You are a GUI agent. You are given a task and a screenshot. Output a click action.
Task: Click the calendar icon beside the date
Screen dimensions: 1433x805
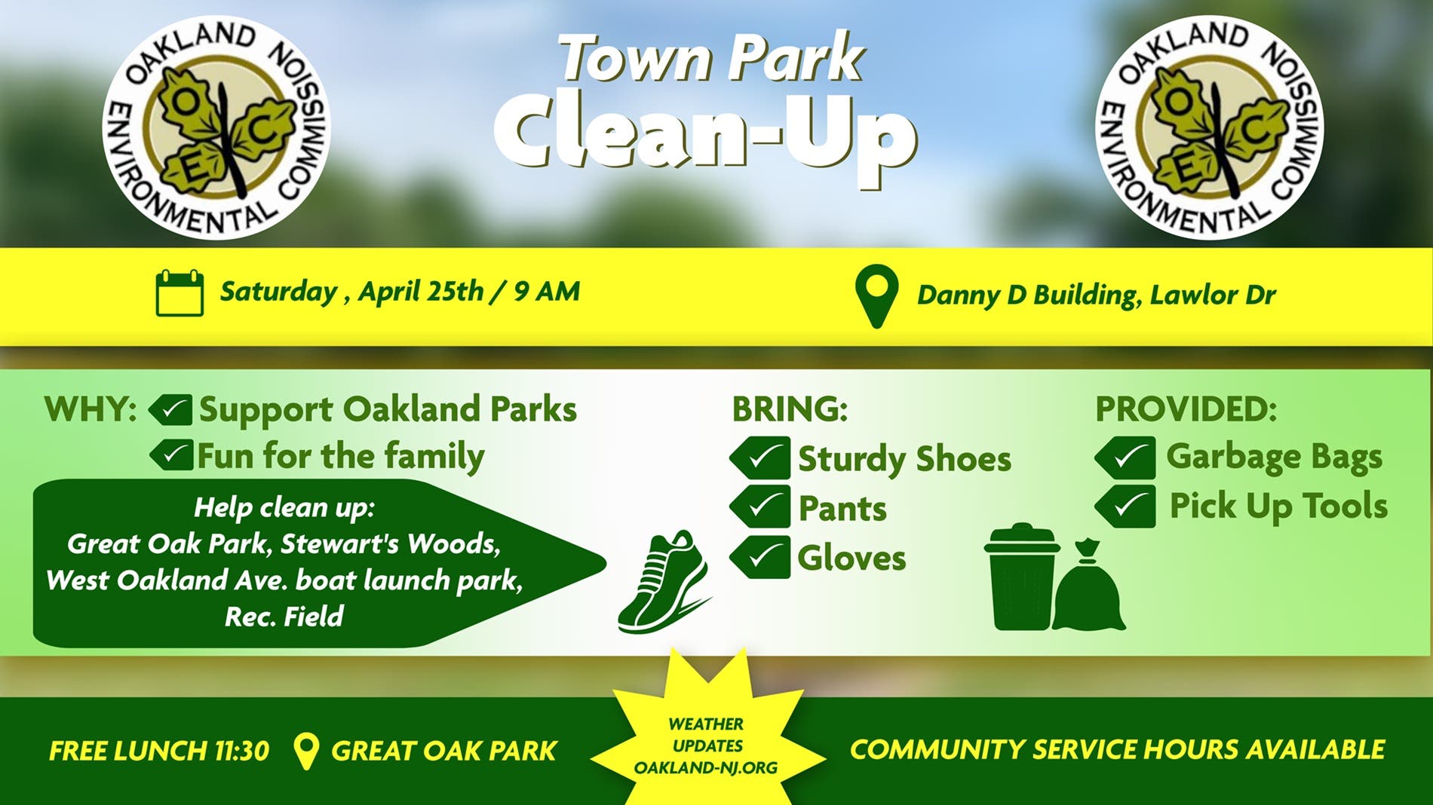coord(180,292)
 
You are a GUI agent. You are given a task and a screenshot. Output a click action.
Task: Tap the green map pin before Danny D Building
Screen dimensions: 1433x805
coord(876,296)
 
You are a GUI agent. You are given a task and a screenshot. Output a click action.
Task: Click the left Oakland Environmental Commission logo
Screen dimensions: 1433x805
coord(216,127)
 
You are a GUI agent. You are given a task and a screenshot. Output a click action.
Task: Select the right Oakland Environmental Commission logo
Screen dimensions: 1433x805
coord(1209,127)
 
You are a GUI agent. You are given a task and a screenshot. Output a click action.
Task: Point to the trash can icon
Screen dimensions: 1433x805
coord(1022,577)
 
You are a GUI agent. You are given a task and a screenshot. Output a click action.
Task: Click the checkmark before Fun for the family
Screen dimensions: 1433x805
coord(171,455)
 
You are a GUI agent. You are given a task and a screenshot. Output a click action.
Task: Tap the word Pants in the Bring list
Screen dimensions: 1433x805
coord(842,508)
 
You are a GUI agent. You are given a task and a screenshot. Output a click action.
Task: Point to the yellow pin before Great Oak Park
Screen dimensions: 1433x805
coord(305,751)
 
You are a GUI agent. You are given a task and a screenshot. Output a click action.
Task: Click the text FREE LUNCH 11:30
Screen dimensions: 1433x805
coord(159,751)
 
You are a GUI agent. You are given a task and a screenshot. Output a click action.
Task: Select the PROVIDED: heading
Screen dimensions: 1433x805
coord(1186,409)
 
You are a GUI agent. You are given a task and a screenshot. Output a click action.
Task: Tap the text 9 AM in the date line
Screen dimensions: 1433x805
coord(547,292)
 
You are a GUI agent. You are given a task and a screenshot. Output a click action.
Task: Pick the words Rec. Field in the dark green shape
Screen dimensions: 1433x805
coord(284,617)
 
